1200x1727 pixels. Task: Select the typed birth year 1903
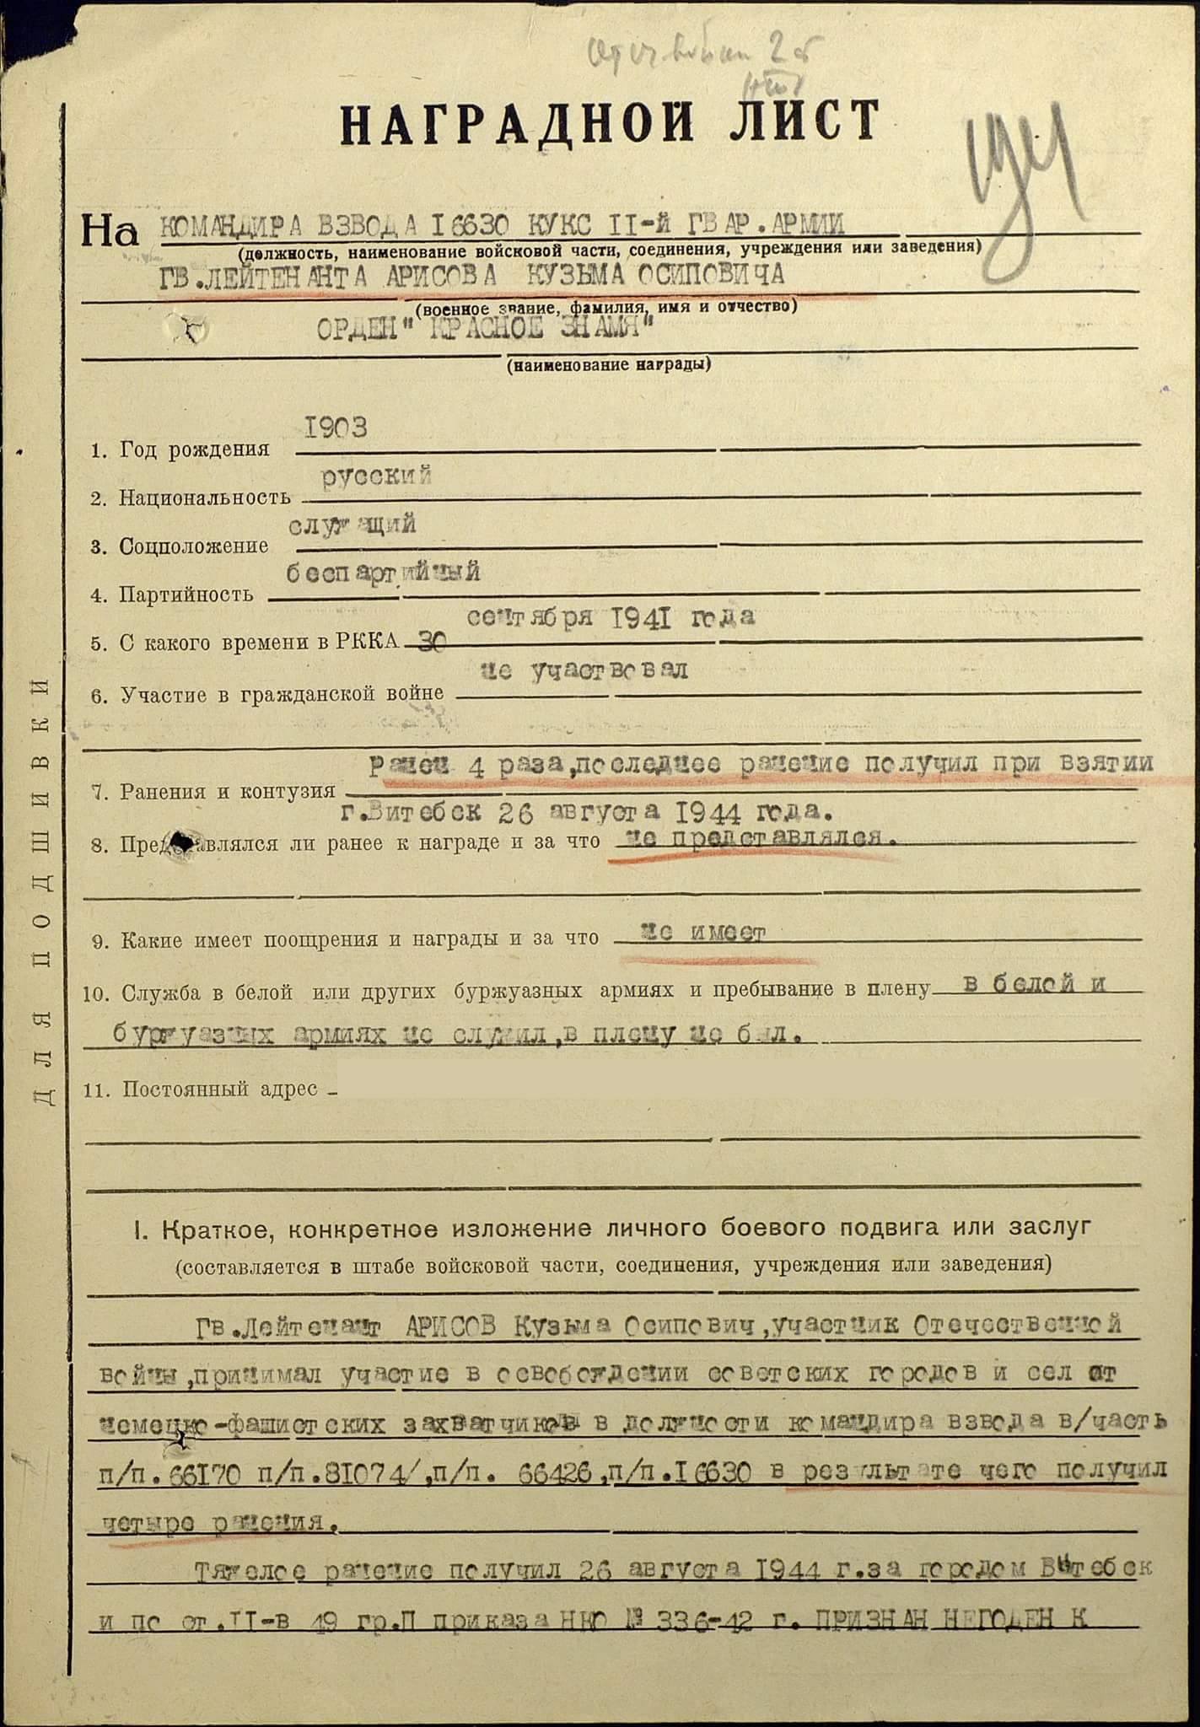[x=336, y=428]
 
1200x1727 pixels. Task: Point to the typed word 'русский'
[x=377, y=476]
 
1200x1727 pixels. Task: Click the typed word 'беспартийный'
[x=384, y=573]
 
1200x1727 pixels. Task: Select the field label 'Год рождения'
[x=193, y=449]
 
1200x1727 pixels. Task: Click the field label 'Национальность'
[x=205, y=498]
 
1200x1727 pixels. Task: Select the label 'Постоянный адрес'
[x=220, y=1089]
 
